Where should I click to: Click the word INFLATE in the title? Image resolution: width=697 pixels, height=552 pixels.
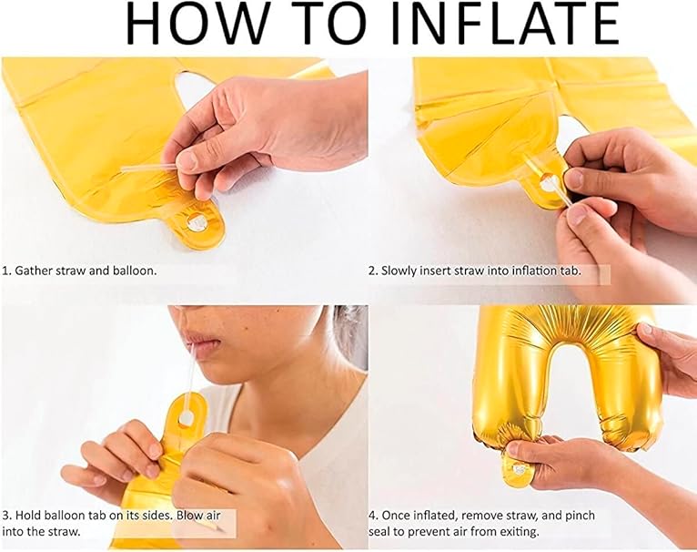[x=506, y=23]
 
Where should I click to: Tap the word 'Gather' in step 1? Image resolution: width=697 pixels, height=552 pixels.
[x=34, y=271]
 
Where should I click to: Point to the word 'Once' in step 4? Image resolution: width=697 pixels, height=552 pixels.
[x=396, y=516]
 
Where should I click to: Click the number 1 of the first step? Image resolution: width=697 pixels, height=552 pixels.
[x=5, y=271]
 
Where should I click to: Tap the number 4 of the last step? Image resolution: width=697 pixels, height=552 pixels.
[x=373, y=516]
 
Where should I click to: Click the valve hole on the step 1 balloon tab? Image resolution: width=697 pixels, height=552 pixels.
[x=197, y=221]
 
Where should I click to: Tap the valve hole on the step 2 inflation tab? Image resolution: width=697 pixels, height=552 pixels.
[x=548, y=183]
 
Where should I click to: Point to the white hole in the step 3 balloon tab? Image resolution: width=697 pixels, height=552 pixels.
[x=186, y=417]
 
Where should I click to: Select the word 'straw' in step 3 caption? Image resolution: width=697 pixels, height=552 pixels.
[x=66, y=532]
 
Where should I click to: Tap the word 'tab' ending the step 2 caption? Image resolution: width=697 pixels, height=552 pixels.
[x=571, y=271]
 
